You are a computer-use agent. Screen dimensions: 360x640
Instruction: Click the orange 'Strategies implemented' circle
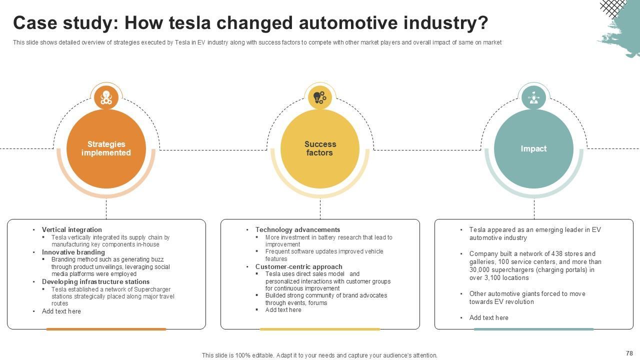(x=106, y=148)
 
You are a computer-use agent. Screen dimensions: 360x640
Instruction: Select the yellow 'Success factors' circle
(x=320, y=148)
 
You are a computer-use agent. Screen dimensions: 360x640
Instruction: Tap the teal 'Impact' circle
(x=533, y=148)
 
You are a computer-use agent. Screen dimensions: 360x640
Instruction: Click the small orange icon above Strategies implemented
(x=106, y=97)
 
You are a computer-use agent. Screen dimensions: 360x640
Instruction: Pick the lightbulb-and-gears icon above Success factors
(x=320, y=96)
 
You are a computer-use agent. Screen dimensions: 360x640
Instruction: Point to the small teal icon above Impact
(x=534, y=97)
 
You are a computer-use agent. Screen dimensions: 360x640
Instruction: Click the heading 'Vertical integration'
(x=71, y=230)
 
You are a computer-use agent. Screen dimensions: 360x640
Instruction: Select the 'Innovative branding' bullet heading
(x=73, y=252)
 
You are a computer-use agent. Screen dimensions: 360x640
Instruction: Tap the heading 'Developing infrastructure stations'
(x=95, y=282)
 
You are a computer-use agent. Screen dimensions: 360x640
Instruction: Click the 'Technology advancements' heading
(x=297, y=230)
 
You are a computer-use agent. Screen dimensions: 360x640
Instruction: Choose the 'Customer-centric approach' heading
(x=298, y=267)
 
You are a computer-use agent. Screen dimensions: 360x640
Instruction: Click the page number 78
(x=629, y=353)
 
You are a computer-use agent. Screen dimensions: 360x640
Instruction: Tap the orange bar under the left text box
(x=106, y=329)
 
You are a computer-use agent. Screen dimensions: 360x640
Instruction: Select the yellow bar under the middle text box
(x=320, y=329)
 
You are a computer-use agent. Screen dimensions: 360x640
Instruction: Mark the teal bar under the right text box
(x=533, y=329)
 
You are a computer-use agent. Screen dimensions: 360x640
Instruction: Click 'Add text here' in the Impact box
(x=488, y=318)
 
